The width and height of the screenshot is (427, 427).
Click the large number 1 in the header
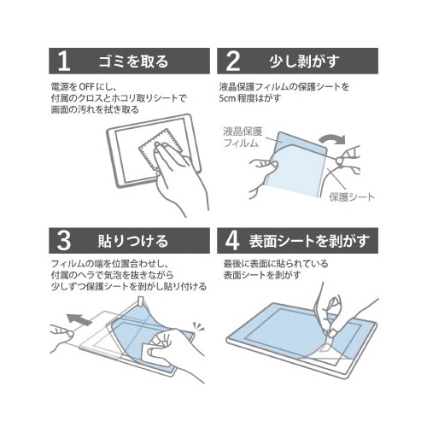pos(64,61)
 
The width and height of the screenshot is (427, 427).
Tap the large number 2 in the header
pos(233,61)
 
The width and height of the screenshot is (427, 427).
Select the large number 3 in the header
pos(64,241)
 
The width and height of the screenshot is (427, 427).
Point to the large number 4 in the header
pos(232,241)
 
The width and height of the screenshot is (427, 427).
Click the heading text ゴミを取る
pos(133,61)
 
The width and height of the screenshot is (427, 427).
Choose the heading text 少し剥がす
pos(305,61)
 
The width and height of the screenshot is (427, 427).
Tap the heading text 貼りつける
pos(133,241)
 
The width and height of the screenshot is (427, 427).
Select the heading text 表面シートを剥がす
pos(309,241)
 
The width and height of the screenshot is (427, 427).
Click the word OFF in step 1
pos(86,86)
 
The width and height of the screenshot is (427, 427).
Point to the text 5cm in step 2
pos(228,98)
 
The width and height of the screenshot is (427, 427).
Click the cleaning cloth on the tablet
pos(160,149)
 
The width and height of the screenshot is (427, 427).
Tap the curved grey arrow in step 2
pos(332,139)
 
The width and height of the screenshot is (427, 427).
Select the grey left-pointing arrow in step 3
pos(79,319)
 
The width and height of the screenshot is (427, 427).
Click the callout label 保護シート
pos(352,197)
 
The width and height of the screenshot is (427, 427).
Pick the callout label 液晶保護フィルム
pos(243,137)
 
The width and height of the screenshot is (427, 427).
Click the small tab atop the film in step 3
pos(141,301)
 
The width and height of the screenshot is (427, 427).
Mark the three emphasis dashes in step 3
pos(199,327)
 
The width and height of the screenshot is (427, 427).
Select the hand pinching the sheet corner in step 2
pos(348,160)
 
